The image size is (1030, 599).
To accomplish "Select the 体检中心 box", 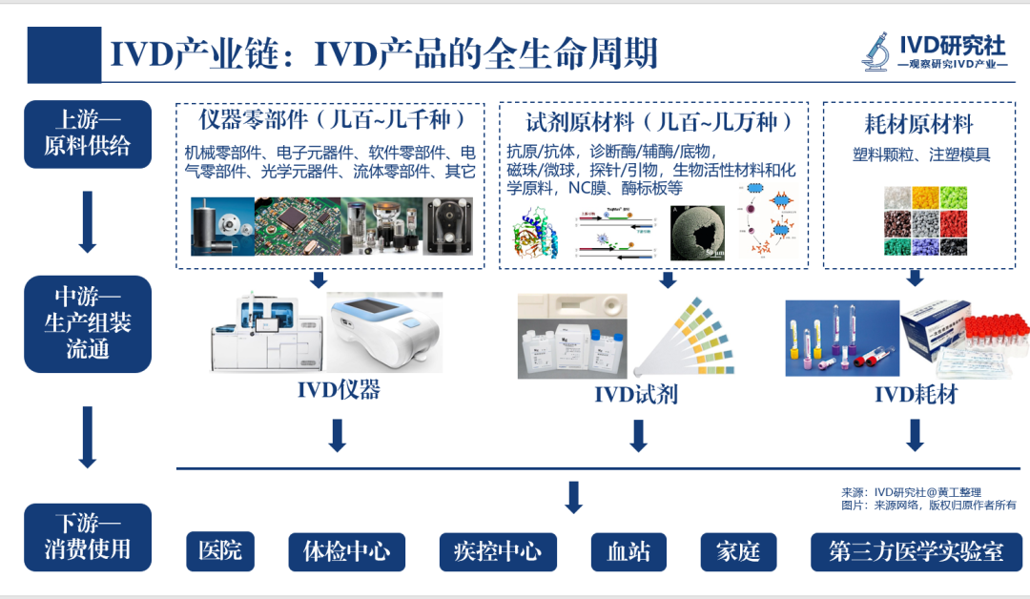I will pyautogui.click(x=346, y=551).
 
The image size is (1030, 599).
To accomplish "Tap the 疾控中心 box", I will pyautogui.click(x=497, y=551).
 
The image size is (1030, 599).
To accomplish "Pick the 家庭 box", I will pyautogui.click(x=738, y=551).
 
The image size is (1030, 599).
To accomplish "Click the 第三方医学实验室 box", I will pyautogui.click(x=916, y=551).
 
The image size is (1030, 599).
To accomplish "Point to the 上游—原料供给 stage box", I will pyautogui.click(x=88, y=134).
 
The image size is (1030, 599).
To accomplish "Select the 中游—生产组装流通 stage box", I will pyautogui.click(x=88, y=323).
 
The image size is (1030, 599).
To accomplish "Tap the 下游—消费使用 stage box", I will pyautogui.click(x=88, y=537).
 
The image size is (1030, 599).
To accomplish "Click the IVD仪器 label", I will pyautogui.click(x=339, y=390).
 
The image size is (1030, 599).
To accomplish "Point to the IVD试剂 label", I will pyautogui.click(x=636, y=394).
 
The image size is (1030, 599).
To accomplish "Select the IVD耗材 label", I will pyautogui.click(x=916, y=393).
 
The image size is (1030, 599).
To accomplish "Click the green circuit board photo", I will pyautogui.click(x=296, y=225).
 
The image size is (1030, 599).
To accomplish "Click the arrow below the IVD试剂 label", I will pyautogui.click(x=638, y=436).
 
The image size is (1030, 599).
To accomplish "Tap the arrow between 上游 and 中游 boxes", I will pyautogui.click(x=88, y=221).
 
